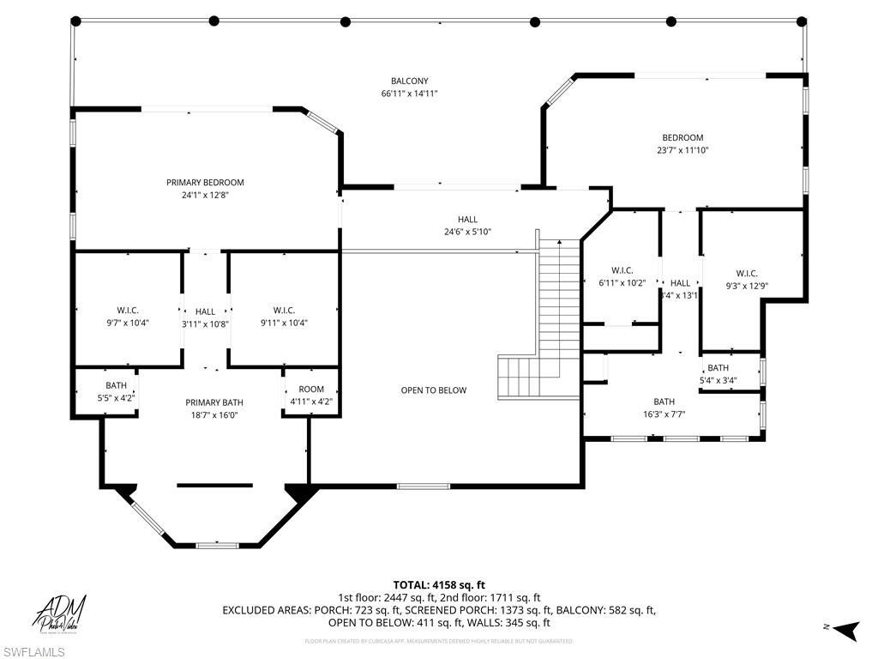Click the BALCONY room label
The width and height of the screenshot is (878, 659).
click(409, 81)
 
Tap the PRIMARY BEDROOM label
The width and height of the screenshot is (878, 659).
click(205, 182)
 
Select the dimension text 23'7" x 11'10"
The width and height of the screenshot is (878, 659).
click(682, 150)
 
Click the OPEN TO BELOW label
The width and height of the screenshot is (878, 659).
click(434, 390)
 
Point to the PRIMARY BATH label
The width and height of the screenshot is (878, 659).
click(214, 402)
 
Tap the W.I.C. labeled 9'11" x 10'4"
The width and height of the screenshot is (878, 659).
click(284, 311)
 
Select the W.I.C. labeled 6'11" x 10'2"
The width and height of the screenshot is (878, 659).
click(622, 270)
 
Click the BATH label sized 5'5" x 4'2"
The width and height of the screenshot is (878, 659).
click(116, 386)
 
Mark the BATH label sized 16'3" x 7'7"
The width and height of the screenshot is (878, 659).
click(664, 402)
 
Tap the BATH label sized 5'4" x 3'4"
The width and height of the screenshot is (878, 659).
click(718, 368)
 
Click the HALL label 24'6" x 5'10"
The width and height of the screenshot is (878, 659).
click(467, 220)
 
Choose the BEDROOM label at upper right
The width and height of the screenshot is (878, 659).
click(682, 137)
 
